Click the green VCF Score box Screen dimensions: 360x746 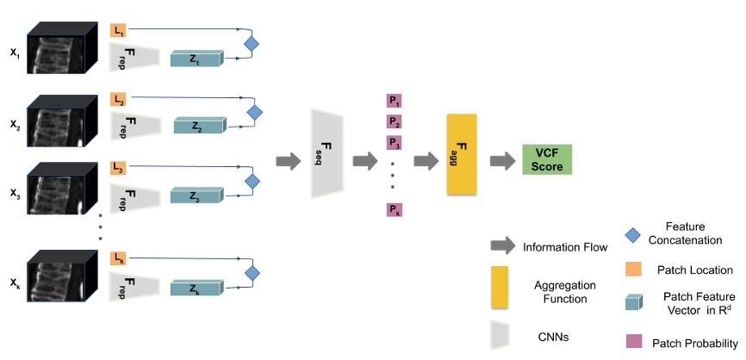click(547, 160)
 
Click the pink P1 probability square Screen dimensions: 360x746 click(394, 102)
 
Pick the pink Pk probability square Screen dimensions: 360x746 click(394, 210)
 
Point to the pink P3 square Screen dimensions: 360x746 click(394, 141)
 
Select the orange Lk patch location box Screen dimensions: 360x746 click(118, 258)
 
